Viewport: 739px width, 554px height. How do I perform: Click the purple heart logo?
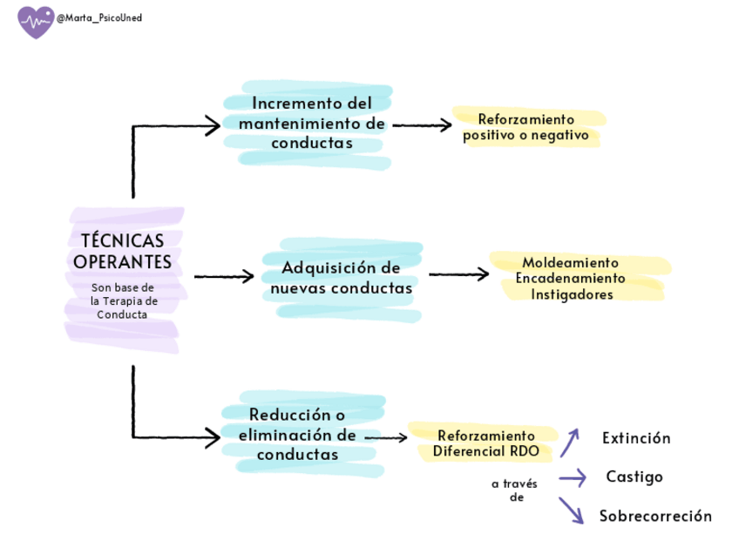tap(36, 22)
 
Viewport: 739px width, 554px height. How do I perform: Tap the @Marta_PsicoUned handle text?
tap(98, 17)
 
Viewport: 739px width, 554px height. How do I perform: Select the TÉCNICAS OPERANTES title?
tap(122, 251)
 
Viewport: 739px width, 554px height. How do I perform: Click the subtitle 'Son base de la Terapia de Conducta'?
tap(123, 301)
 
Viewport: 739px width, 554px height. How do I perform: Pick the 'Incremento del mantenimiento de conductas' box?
tap(312, 124)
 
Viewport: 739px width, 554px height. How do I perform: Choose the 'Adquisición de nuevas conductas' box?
tap(341, 278)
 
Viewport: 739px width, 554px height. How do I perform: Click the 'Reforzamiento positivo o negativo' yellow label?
tap(525, 127)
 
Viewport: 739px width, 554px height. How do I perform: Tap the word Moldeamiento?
tap(570, 262)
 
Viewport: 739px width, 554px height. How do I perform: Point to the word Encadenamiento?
tap(570, 278)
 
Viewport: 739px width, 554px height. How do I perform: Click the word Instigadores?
tap(572, 294)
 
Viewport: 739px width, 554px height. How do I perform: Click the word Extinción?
tap(636, 438)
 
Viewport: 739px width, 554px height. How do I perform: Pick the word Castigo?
tap(634, 476)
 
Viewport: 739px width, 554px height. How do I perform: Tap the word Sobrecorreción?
tap(655, 516)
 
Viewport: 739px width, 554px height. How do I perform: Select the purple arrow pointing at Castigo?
tap(572, 477)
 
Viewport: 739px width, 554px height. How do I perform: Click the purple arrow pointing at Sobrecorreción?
tap(571, 510)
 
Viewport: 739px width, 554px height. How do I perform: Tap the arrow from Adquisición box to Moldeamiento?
tap(458, 274)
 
